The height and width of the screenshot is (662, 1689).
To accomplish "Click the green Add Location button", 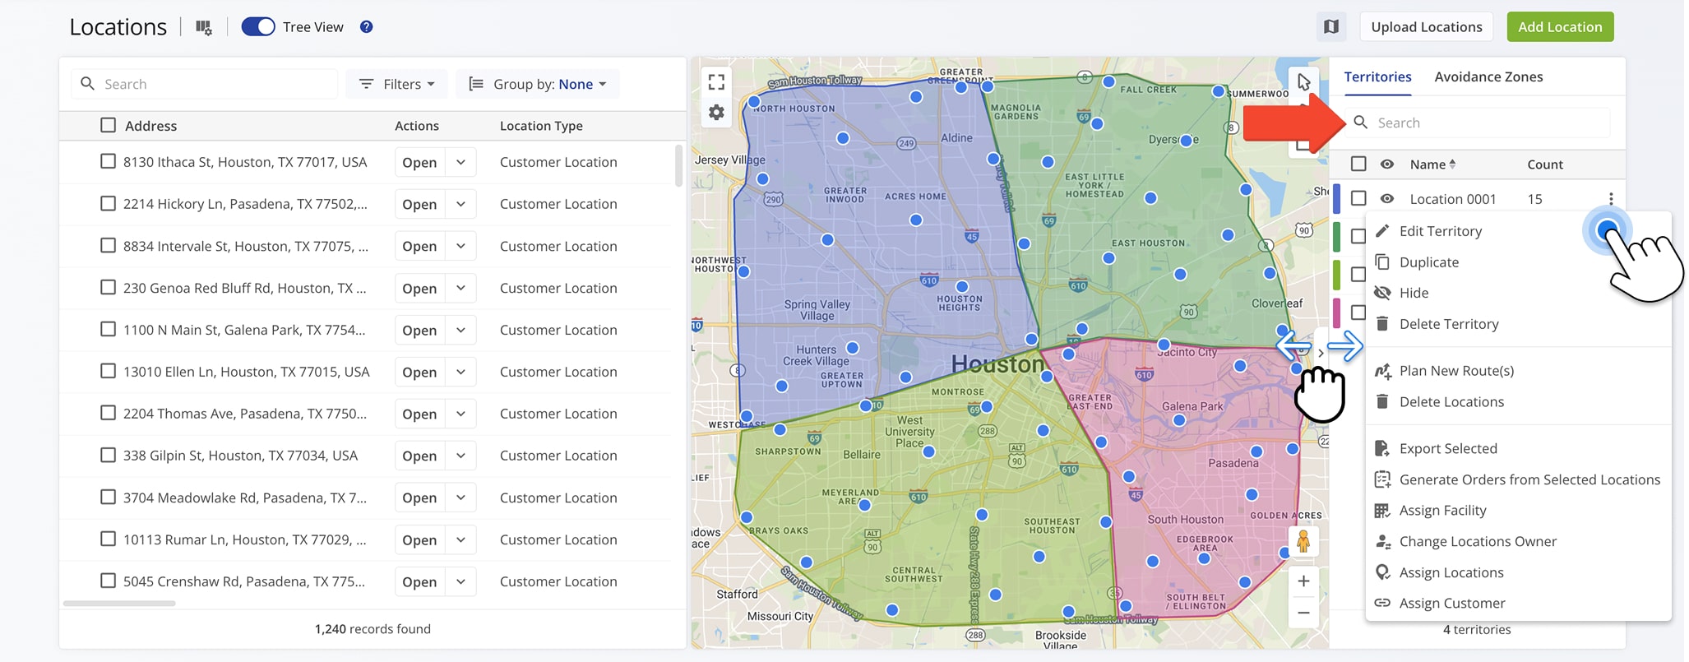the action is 1559,27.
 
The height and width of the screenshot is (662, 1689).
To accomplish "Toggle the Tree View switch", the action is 258,27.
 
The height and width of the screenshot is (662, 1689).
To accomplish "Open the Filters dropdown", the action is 397,84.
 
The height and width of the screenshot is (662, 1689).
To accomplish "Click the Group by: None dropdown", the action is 538,84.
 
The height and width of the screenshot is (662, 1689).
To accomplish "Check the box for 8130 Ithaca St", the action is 108,161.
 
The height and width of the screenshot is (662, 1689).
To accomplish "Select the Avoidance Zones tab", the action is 1488,76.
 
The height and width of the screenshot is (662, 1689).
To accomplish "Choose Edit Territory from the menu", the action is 1440,231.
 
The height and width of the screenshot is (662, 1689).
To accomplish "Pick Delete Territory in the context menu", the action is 1448,324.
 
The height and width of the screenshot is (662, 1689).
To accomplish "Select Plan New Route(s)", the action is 1455,371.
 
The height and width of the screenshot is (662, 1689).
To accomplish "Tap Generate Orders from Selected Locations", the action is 1529,479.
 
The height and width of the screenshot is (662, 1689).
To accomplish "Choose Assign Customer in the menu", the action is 1451,603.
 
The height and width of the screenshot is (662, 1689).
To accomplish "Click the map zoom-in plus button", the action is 1303,581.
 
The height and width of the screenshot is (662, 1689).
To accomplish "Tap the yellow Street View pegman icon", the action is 1303,542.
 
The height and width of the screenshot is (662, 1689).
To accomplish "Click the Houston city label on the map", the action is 997,364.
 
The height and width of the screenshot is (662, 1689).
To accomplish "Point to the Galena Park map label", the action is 1192,406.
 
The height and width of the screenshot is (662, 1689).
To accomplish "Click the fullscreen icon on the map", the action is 716,81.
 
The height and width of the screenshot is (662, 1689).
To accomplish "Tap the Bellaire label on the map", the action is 861,455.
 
